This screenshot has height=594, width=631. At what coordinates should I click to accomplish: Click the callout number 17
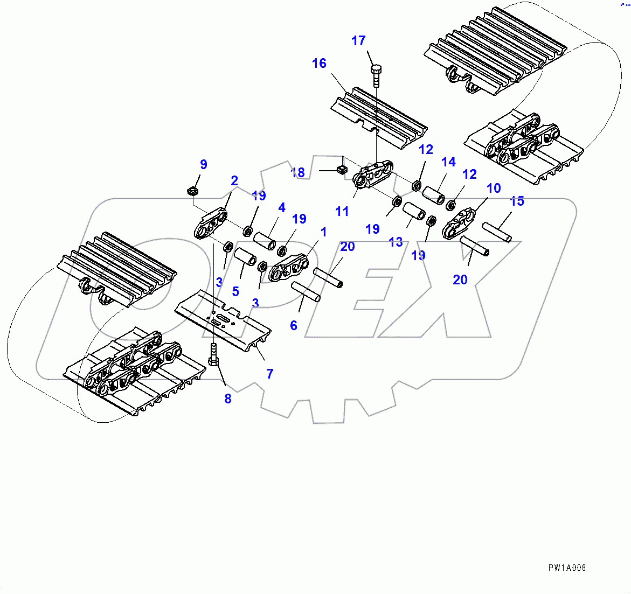click(358, 41)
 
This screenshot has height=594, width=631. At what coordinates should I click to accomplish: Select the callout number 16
click(319, 64)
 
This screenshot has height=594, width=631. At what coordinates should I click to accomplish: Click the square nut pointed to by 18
click(341, 170)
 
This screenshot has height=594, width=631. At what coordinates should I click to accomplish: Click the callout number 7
click(270, 373)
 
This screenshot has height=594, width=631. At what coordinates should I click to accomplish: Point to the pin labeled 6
click(306, 291)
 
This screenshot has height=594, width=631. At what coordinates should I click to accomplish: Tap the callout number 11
click(342, 212)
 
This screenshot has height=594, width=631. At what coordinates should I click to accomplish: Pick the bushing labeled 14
click(434, 194)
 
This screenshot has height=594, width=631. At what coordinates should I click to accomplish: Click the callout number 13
click(396, 242)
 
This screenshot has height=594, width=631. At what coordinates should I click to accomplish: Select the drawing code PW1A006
click(567, 568)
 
